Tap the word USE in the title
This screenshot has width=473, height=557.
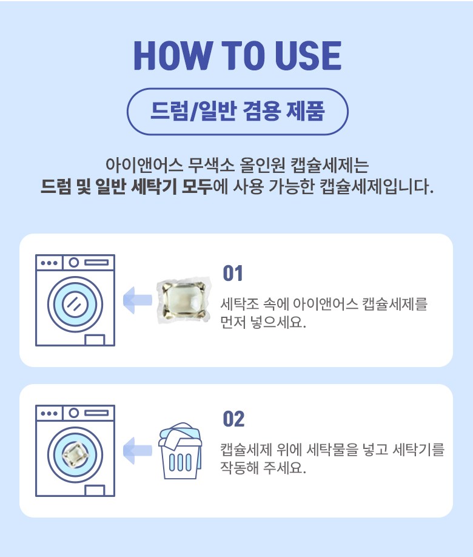tap(308, 55)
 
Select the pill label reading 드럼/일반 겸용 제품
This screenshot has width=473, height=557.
tap(238, 112)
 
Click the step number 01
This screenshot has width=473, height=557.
tap(233, 273)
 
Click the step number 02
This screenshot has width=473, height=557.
tap(233, 419)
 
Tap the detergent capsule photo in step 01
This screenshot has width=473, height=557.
tap(184, 300)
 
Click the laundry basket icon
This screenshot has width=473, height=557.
tap(180, 451)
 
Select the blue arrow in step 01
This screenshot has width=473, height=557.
tap(138, 300)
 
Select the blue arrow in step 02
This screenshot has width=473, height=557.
tap(138, 451)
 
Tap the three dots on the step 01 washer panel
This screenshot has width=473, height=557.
tap(49, 263)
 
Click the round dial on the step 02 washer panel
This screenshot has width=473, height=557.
tap(74, 413)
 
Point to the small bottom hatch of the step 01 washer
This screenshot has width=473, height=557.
tap(95, 340)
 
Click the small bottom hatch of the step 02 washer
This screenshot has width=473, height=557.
tap(95, 491)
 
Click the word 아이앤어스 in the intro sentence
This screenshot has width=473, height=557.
tap(144, 165)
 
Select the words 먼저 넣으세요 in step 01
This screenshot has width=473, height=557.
tap(263, 322)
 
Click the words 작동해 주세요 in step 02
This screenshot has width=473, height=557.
tap(263, 467)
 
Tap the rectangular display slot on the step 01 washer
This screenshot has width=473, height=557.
tap(96, 263)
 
